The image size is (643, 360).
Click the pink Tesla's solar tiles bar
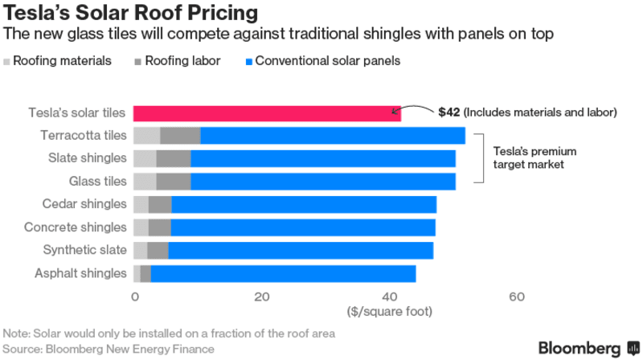coord(265,113)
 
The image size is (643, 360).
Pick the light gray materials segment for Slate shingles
coord(145,158)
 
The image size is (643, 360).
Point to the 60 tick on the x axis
coord(517,297)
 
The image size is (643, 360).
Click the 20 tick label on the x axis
coord(261,297)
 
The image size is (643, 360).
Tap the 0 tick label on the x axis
coord(134,297)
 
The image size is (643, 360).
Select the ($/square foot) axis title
coord(390,310)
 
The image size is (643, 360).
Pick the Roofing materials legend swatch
coord(7,61)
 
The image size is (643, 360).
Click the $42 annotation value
coord(448,112)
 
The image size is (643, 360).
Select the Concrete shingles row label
coord(76,227)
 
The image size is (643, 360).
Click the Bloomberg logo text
coord(580,348)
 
